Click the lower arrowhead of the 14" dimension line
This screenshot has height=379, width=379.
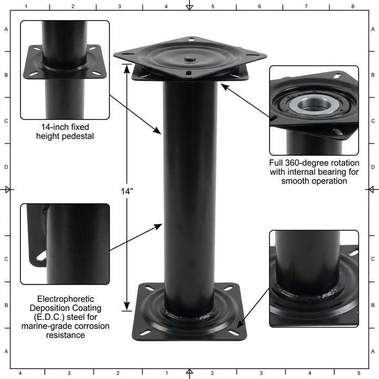126,308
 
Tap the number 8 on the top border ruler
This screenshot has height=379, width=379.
353,6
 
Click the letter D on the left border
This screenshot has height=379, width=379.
6,167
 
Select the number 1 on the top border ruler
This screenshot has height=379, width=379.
26,6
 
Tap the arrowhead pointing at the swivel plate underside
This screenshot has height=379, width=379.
223,85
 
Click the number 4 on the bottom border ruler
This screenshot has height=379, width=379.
20,373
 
